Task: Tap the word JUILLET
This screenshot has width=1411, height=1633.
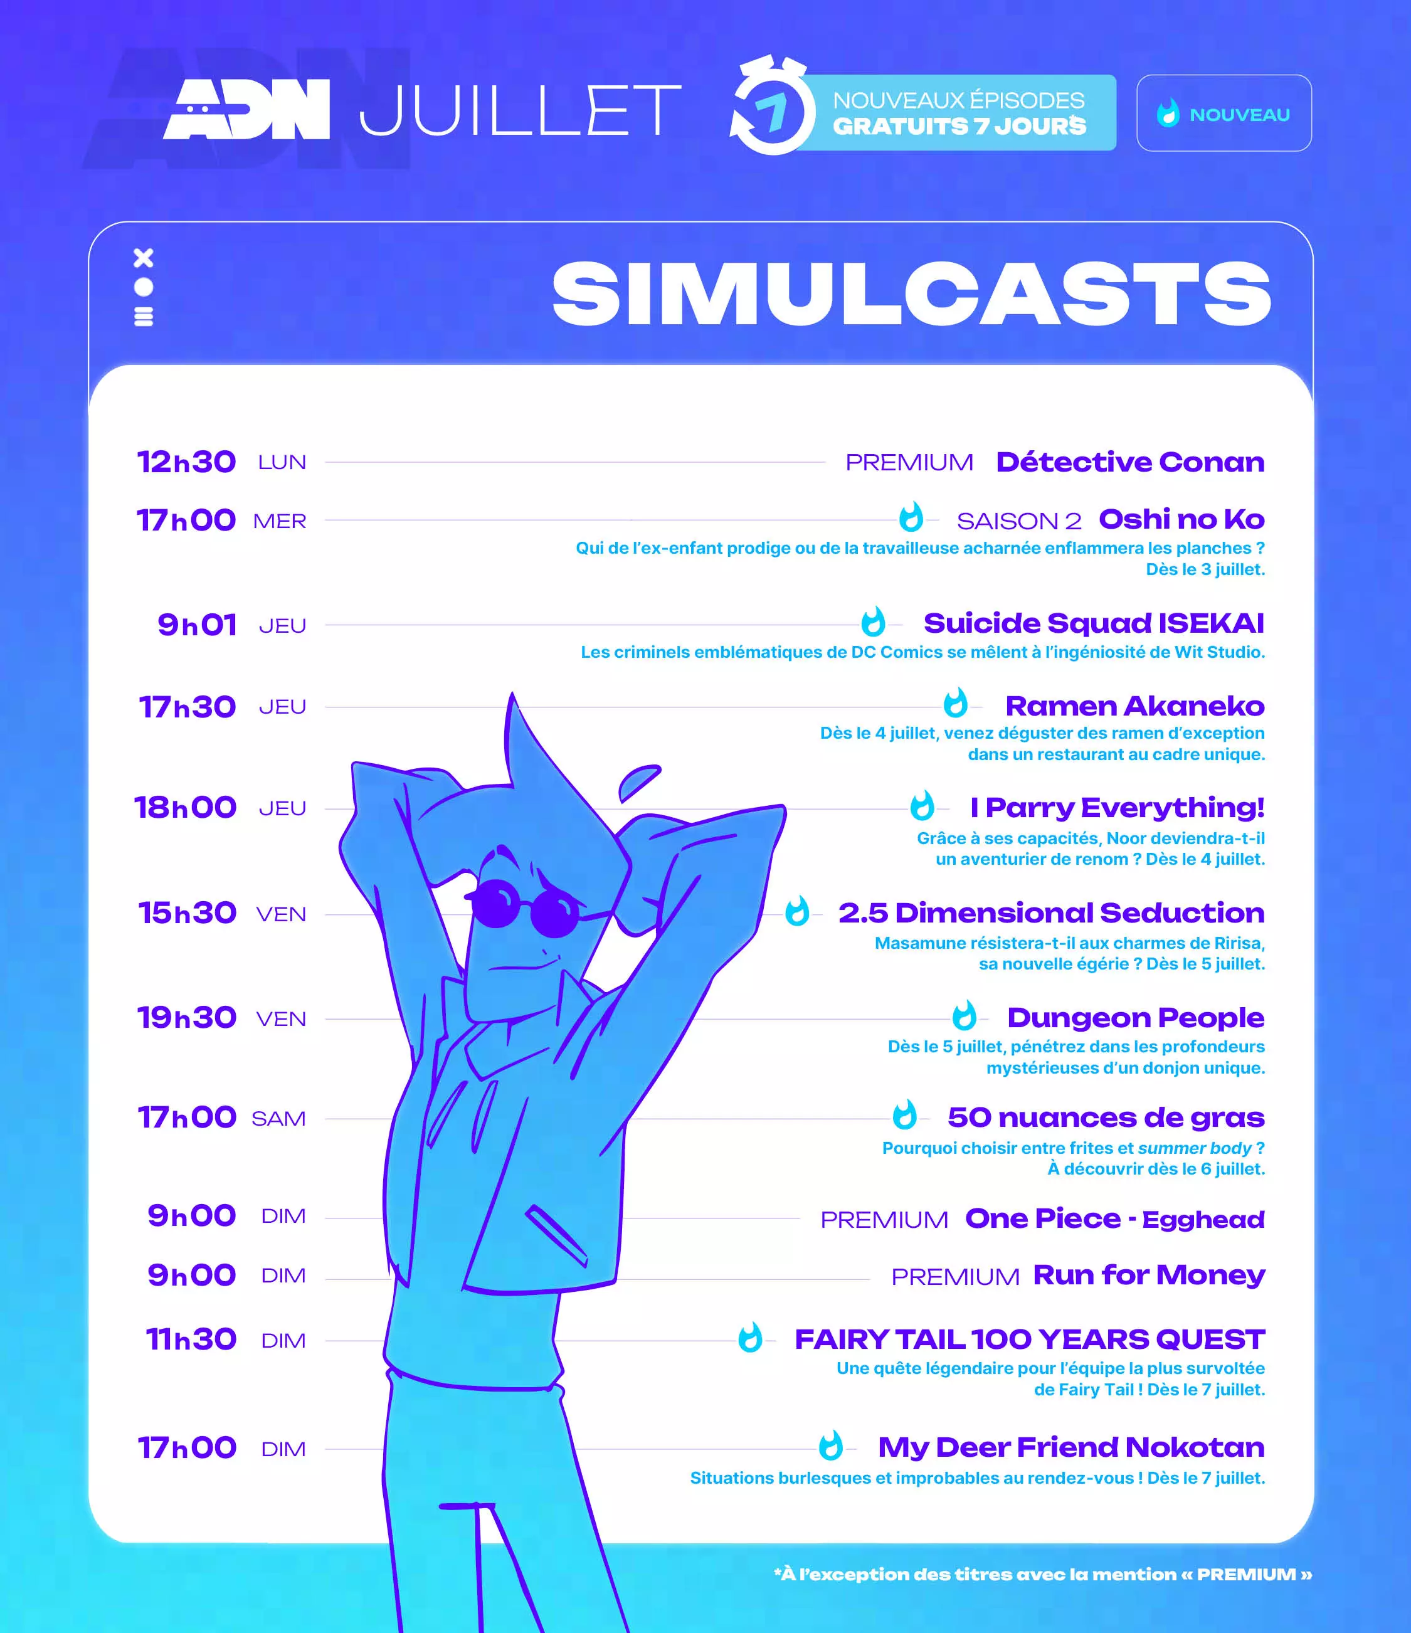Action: pos(521,110)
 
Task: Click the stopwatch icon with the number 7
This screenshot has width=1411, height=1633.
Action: pos(772,107)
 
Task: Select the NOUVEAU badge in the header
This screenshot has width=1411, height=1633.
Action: pos(1223,114)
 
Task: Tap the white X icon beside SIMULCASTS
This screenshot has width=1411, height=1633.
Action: pos(144,258)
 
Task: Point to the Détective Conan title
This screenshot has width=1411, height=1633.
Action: pos(1131,462)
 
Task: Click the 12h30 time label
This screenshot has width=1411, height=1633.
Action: pos(186,462)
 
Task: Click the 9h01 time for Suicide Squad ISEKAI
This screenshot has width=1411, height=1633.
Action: pos(197,625)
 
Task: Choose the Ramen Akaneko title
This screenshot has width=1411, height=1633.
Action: pos(1135,706)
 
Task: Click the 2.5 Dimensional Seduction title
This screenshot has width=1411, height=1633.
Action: pos(1052,912)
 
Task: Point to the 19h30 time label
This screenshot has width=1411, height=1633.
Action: pos(187,1017)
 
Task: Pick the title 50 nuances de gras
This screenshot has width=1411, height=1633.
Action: pos(1106,1118)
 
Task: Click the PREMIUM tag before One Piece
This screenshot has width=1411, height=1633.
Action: pos(884,1220)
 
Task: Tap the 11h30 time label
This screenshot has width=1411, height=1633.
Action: pos(191,1339)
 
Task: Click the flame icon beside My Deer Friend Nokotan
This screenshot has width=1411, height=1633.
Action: pos(831,1446)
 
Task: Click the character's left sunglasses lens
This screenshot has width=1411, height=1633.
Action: pos(496,903)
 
